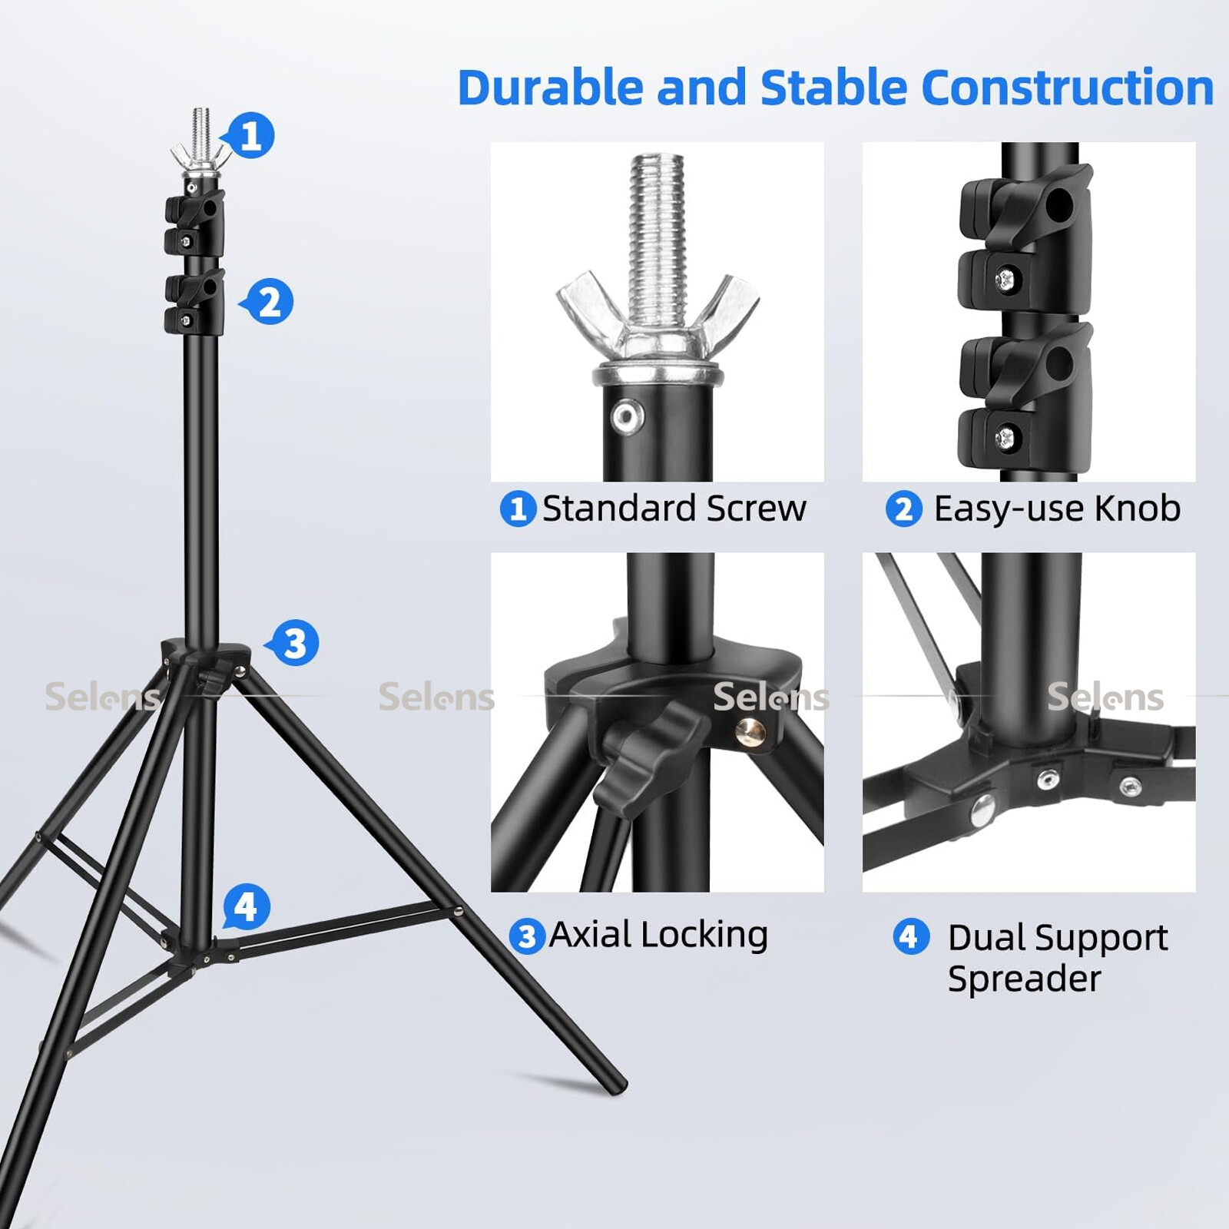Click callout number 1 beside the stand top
pyautogui.click(x=250, y=136)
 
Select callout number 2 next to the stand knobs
pyautogui.click(x=268, y=302)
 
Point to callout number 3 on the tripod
pyautogui.click(x=293, y=643)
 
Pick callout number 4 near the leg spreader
pyautogui.click(x=246, y=907)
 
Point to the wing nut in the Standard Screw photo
pyautogui.click(x=658, y=315)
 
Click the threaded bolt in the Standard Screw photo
pyautogui.click(x=657, y=238)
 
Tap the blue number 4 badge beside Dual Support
pyautogui.click(x=910, y=937)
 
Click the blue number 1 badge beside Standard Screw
pyautogui.click(x=518, y=508)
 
